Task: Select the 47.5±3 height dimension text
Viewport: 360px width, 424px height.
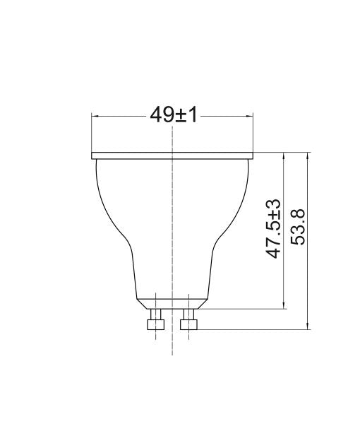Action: click(274, 228)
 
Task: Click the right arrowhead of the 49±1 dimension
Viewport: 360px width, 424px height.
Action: click(251, 116)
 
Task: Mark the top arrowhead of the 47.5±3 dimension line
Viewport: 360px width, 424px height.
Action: click(284, 155)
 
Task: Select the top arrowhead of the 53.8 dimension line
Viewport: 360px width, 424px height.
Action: click(308, 155)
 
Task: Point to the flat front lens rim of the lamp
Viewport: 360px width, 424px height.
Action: click(173, 155)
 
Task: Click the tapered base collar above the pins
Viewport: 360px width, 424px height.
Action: click(172, 303)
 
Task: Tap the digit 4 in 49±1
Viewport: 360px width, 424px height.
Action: click(157, 115)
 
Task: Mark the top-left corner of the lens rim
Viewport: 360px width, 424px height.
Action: click(92, 152)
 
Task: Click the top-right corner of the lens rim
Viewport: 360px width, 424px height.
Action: click(253, 152)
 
